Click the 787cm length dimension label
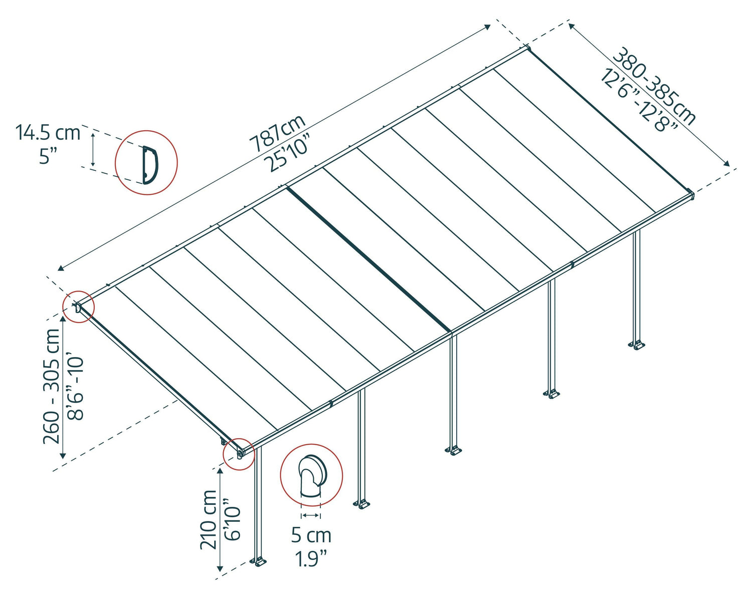277,133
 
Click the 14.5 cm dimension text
48,133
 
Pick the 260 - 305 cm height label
52,386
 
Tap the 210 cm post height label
209,519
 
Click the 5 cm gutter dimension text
311,535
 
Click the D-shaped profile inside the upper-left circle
149,163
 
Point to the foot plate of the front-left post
259,562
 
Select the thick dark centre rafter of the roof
368,258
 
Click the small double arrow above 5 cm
311,515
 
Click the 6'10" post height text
233,520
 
